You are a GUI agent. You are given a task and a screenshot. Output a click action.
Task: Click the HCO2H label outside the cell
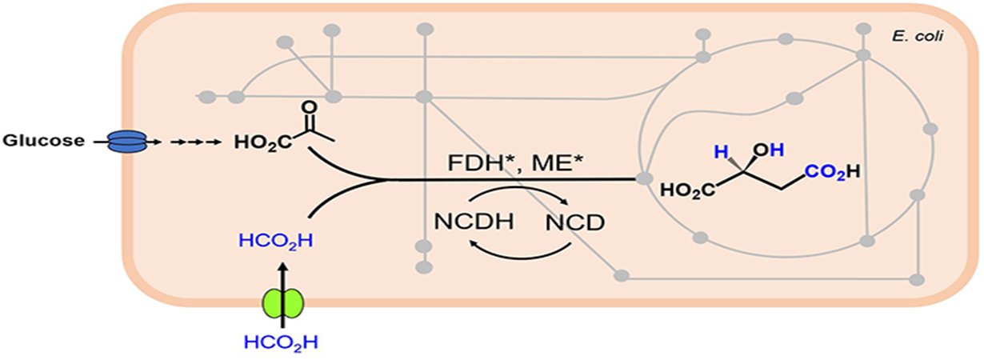tap(281, 343)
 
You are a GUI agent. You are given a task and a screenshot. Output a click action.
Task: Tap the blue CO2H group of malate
tap(831, 170)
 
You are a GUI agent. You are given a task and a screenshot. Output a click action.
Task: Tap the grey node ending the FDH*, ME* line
tap(642, 178)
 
